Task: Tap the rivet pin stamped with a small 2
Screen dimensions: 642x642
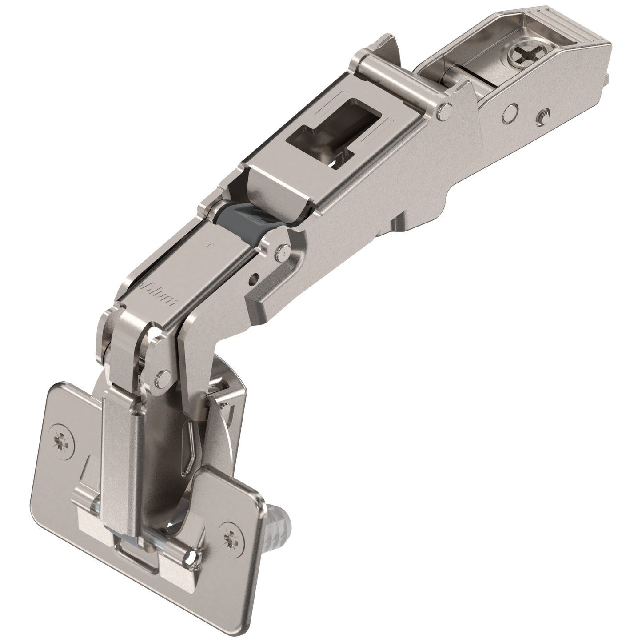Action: pyautogui.click(x=281, y=252)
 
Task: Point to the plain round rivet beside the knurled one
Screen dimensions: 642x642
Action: pyautogui.click(x=512, y=108)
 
